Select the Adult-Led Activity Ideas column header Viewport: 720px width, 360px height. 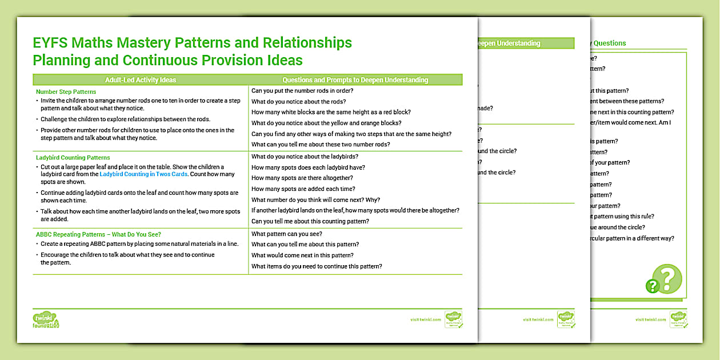141,80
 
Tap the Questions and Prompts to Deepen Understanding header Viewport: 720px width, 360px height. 355,80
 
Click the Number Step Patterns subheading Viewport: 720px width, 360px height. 66,91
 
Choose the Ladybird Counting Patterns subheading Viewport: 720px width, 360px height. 73,157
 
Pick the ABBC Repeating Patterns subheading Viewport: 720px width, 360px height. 98,234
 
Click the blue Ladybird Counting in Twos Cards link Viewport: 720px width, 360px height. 143,174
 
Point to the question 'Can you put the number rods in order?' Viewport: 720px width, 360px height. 302,91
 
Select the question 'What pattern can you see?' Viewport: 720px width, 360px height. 287,234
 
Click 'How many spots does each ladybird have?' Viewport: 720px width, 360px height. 308,167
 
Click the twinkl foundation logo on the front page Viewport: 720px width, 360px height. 46,320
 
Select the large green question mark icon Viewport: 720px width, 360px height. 666,279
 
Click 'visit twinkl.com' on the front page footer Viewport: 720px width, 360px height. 425,319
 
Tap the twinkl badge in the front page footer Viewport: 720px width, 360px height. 453,319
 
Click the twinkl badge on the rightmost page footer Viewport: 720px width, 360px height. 678,319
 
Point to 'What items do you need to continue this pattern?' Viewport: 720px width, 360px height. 317,266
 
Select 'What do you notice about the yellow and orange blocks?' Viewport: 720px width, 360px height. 326,123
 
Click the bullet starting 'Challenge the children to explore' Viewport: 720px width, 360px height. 125,119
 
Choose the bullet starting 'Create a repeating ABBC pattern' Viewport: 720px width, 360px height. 139,244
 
